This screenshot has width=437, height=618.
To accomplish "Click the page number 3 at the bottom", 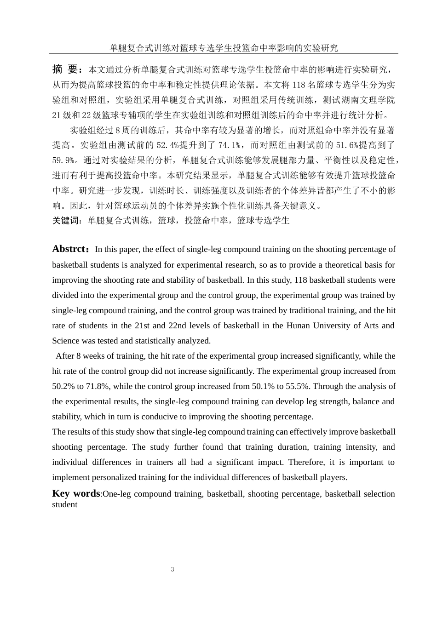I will coord(172,569).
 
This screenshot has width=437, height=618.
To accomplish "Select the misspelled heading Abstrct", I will coord(69,249).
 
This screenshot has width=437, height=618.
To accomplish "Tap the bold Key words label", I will coord(76,493).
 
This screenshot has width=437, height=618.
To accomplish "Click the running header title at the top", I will coord(224,47).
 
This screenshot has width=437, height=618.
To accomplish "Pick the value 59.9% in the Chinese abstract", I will coord(64,160).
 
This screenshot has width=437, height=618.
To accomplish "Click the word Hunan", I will coord(298,326).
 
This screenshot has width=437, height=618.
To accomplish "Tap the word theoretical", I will coord(343,265).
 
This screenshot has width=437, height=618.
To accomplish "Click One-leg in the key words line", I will coord(116,494).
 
